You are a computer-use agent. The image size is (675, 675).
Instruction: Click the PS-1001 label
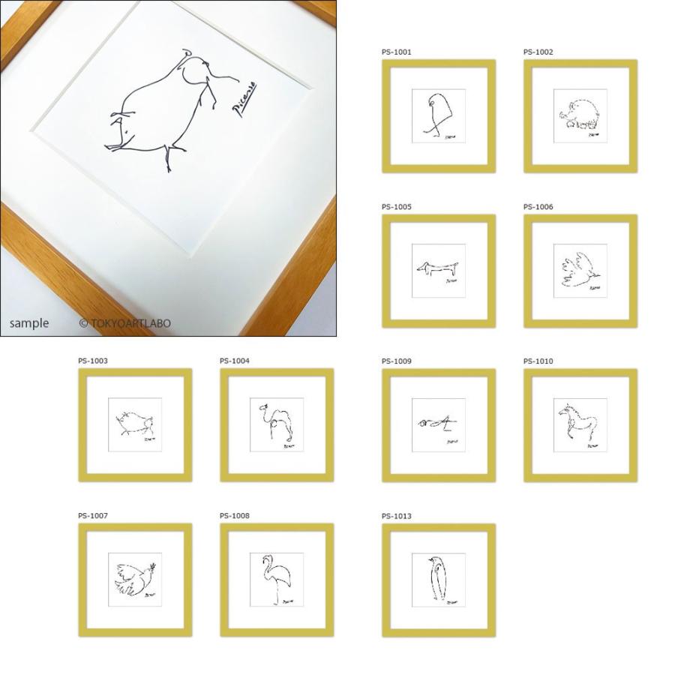(396, 52)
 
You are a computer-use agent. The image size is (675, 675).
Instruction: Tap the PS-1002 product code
(538, 52)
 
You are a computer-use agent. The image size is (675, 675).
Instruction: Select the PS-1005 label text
(396, 207)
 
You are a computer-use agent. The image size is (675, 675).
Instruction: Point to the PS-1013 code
(396, 516)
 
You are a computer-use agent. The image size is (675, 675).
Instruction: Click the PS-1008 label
(234, 516)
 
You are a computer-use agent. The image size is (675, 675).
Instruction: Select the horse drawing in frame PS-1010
(576, 422)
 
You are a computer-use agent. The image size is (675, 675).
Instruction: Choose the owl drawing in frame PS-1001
(435, 113)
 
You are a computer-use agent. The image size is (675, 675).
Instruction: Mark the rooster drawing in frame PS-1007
(135, 577)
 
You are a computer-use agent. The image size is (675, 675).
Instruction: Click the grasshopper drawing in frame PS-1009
(436, 424)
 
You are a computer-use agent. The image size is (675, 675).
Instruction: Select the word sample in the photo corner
(29, 323)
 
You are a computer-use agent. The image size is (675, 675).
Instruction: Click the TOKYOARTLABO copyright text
(125, 323)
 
